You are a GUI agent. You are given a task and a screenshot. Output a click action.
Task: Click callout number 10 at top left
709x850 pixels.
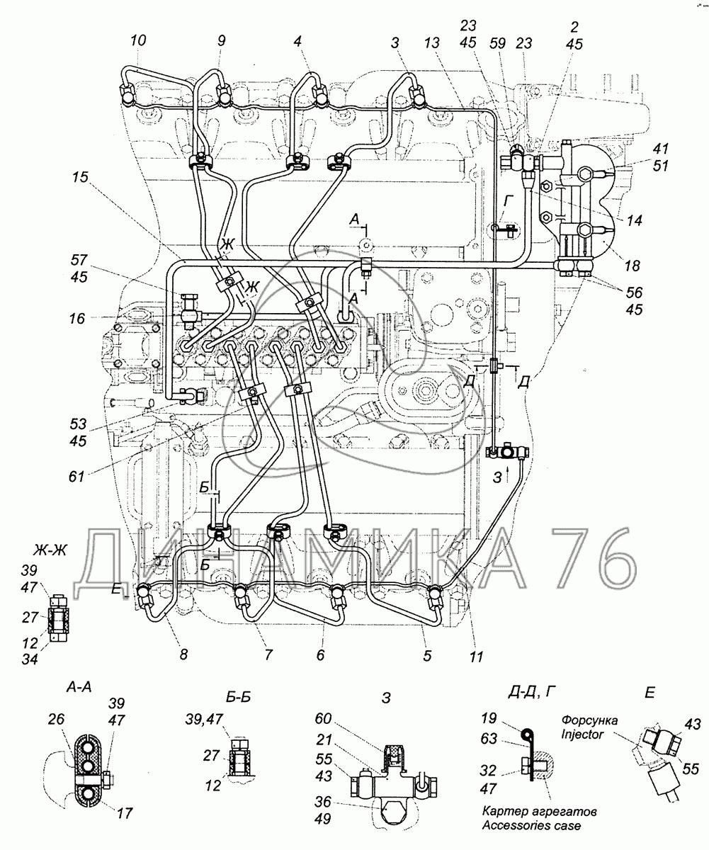(138, 40)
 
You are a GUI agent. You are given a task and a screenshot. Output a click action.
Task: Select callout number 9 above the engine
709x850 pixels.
(222, 40)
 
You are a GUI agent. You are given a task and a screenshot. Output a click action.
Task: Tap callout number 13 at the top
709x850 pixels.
(431, 42)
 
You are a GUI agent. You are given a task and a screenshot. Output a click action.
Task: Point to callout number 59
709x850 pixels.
(498, 42)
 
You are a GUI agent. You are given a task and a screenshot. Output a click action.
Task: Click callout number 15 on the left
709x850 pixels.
(81, 177)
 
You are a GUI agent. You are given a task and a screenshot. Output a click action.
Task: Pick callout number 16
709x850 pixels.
(77, 318)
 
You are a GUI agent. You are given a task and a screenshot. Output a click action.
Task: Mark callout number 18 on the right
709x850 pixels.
(632, 266)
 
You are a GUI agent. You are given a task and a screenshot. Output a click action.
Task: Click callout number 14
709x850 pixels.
(634, 220)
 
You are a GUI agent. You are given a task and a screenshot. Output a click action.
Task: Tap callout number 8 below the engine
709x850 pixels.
(183, 654)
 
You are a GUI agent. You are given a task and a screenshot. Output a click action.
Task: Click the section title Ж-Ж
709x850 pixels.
(51, 550)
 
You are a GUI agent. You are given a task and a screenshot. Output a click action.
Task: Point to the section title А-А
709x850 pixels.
(79, 687)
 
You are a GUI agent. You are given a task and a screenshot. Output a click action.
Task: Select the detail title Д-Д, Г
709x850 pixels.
(531, 691)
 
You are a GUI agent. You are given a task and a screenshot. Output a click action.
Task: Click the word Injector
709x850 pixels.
(582, 734)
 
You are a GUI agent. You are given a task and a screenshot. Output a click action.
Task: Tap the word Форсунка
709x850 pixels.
(589, 720)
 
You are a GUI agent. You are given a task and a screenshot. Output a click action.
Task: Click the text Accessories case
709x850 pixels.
(531, 825)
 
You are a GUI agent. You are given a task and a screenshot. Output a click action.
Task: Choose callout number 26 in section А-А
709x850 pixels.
(56, 719)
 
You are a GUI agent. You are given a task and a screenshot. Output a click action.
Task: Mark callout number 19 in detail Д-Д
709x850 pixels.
(489, 718)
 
